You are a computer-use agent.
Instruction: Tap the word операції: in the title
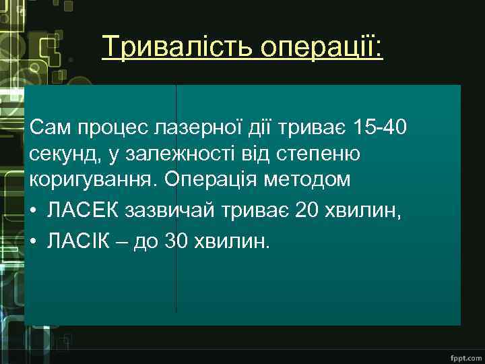(319, 49)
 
